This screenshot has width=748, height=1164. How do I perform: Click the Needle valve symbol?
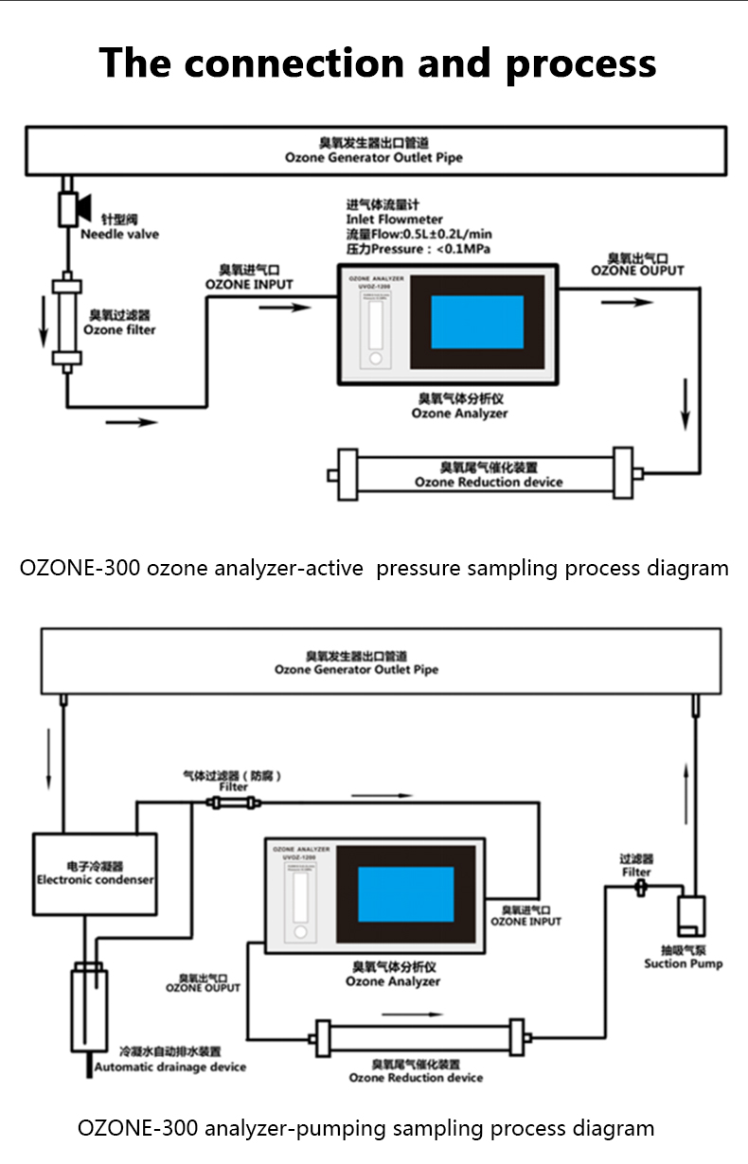tap(69, 208)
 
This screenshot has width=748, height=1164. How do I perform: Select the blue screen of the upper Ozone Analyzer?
tap(477, 322)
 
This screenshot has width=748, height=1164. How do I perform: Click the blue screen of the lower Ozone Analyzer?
tap(405, 895)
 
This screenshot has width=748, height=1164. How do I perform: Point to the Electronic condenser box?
tap(95, 873)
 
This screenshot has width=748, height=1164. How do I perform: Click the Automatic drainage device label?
tap(169, 1067)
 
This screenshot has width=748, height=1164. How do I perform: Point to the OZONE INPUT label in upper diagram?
tap(249, 284)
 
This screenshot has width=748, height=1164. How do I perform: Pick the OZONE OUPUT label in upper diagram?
tap(637, 271)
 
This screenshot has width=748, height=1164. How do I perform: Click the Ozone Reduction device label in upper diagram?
tap(489, 482)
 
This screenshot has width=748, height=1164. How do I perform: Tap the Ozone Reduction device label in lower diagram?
tap(416, 1077)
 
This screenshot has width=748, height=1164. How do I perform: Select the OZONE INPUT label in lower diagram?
tap(525, 921)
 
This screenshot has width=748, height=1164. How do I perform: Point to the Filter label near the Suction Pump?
tap(636, 872)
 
